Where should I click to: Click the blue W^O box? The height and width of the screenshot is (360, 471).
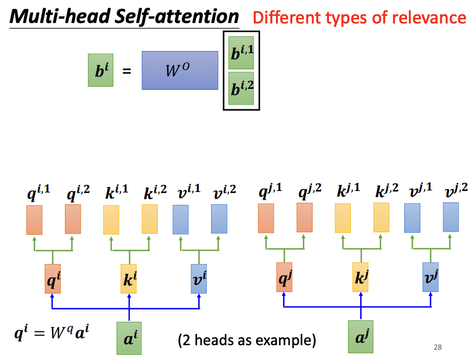(x=180, y=70)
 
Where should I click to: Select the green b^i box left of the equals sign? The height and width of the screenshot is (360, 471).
(x=101, y=70)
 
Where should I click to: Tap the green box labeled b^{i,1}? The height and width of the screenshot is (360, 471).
(x=241, y=53)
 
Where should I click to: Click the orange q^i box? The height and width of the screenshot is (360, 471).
(x=53, y=279)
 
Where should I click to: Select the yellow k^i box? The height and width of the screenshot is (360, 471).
(x=129, y=279)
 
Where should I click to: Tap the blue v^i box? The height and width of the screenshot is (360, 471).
(x=199, y=278)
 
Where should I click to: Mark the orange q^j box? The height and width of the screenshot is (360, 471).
(x=284, y=277)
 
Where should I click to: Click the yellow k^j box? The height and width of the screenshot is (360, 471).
(x=360, y=277)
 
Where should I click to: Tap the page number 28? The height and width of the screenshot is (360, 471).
(x=437, y=347)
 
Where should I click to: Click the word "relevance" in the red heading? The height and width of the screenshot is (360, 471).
(x=432, y=17)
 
